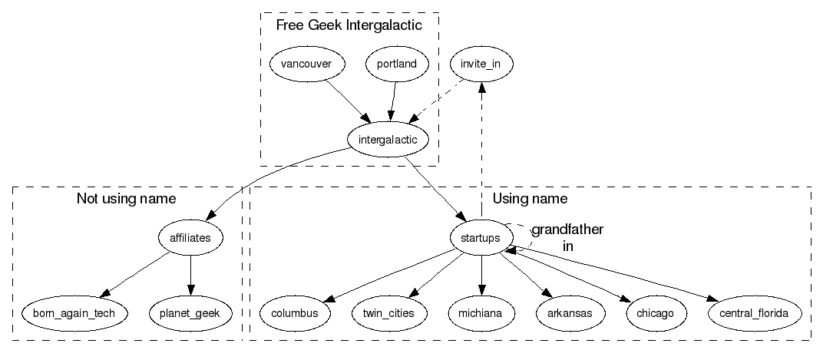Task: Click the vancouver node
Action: point(306,64)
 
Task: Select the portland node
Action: point(397,64)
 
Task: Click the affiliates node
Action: point(190,238)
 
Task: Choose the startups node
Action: point(481,238)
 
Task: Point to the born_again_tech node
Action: point(74,313)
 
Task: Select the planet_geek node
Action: point(190,313)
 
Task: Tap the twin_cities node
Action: point(388,313)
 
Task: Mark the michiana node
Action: point(481,313)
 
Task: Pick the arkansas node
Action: point(569,313)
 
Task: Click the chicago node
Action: point(655,313)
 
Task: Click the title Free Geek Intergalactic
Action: point(349,26)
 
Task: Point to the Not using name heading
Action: point(126,200)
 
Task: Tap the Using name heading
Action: point(530,200)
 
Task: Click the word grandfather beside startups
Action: point(567,230)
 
